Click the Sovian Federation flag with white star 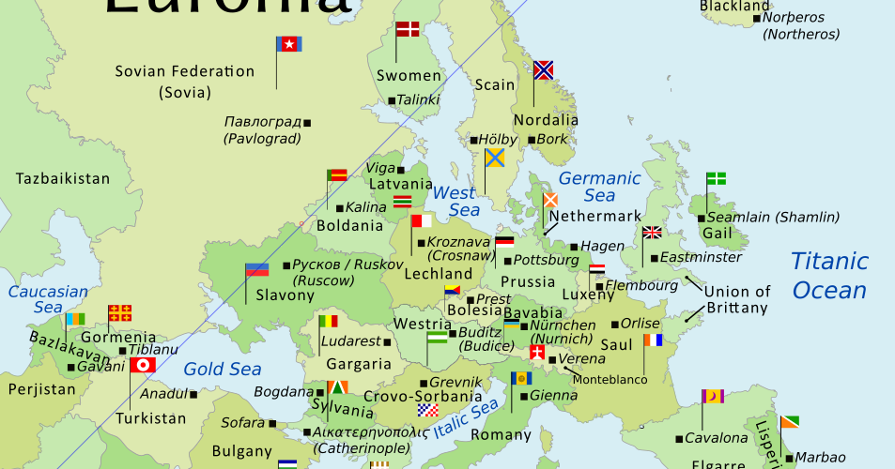click(288, 44)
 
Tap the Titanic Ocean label click(829, 275)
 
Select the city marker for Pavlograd click(307, 122)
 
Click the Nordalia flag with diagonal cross click(544, 69)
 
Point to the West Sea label click(455, 202)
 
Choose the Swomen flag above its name click(408, 29)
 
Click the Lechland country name click(438, 274)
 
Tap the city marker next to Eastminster click(654, 257)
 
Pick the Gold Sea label click(215, 369)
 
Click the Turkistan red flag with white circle click(143, 365)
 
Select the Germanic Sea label click(599, 187)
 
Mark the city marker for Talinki click(392, 100)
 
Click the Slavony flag click(256, 270)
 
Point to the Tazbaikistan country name click(63, 178)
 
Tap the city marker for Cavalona click(678, 438)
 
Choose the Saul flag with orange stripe click(653, 340)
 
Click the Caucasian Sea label click(48, 299)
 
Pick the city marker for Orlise click(615, 324)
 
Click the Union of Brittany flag click(652, 233)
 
